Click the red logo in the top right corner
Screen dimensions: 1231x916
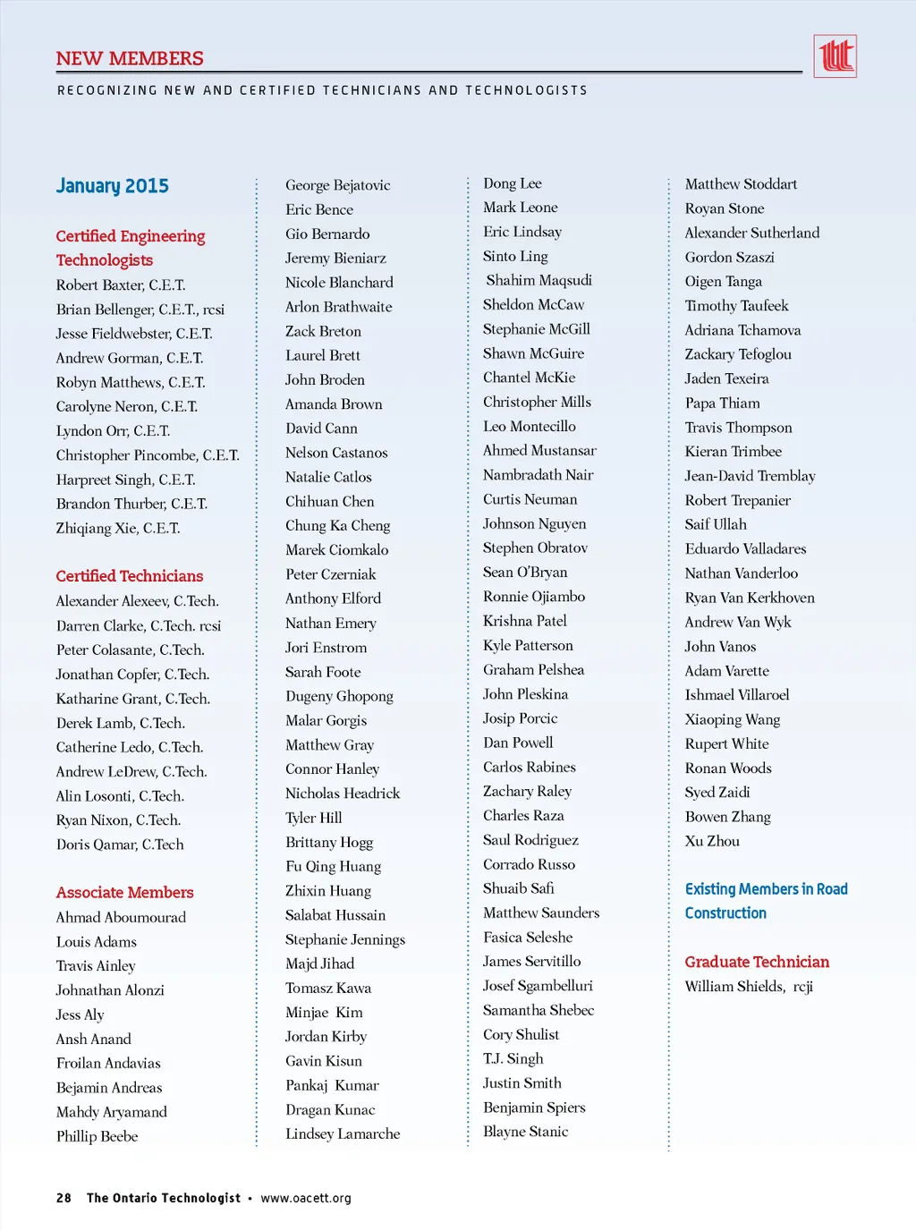[x=835, y=56]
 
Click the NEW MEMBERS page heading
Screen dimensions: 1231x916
[x=130, y=59]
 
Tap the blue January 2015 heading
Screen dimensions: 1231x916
[x=113, y=186]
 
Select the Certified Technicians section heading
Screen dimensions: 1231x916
[x=130, y=576]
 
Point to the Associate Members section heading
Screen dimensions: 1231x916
[x=125, y=893]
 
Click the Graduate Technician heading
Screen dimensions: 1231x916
[x=757, y=963]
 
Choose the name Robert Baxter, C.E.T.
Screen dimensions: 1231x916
[x=121, y=285]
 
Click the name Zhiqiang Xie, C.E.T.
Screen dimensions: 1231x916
[x=118, y=529]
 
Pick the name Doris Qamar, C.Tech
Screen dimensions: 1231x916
[x=120, y=845]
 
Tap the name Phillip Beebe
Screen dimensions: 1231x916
[x=98, y=1137]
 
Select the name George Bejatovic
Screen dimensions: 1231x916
[x=338, y=185]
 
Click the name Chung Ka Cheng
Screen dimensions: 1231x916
[x=338, y=526]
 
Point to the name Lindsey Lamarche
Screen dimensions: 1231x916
[x=343, y=1134]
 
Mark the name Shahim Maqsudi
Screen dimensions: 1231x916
[x=539, y=281]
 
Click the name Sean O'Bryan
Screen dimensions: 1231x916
[x=525, y=573]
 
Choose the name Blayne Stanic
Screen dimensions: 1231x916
[x=526, y=1132]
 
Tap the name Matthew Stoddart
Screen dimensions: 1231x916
[x=741, y=184]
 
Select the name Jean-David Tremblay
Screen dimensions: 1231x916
[x=750, y=476]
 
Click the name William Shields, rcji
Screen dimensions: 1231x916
[x=749, y=987]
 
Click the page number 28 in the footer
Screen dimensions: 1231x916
[x=64, y=1198]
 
